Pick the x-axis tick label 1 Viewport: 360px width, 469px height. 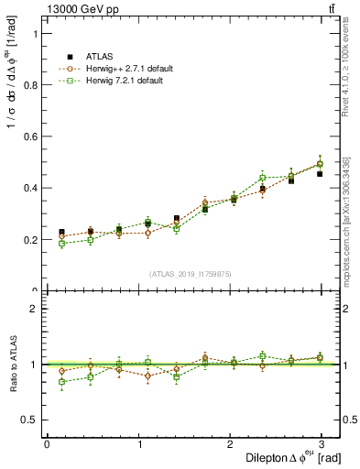click(139, 442)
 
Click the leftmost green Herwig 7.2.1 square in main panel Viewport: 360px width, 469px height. click(61, 244)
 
